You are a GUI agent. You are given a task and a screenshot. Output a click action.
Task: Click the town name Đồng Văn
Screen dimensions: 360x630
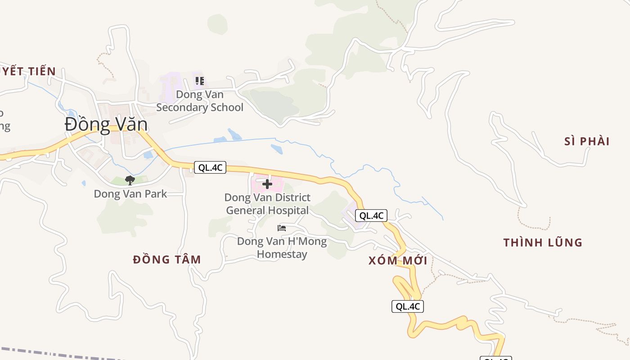point(106,124)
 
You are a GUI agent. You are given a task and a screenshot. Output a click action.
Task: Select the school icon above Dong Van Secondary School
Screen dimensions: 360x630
point(199,81)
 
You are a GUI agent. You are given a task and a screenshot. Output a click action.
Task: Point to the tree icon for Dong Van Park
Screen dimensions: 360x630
point(130,180)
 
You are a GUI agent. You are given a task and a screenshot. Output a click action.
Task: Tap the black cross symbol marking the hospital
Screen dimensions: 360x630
point(267,184)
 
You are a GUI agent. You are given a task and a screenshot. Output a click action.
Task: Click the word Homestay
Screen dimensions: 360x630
point(282,254)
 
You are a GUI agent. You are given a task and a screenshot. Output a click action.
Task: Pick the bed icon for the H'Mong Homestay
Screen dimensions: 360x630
point(282,228)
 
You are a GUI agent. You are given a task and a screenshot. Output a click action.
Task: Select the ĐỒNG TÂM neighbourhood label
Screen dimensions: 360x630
point(167,260)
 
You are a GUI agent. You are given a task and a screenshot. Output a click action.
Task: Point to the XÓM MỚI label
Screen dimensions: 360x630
point(398,261)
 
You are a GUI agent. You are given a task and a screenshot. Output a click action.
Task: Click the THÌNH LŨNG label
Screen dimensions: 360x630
point(543,243)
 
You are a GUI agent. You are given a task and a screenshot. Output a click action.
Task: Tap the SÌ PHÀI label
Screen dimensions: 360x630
point(587,142)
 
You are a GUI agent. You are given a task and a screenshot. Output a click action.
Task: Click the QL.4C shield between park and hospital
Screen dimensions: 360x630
point(210,168)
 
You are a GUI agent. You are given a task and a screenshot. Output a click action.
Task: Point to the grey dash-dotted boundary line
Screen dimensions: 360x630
point(67,353)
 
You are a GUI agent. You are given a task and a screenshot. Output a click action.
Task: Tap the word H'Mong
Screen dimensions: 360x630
point(307,242)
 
